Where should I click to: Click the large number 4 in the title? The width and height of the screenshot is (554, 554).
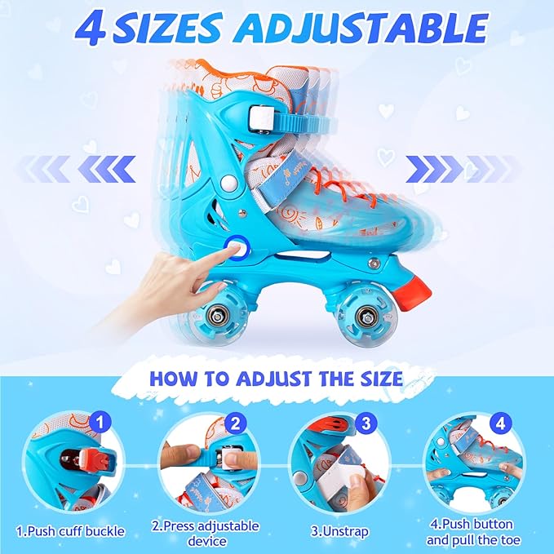point(95,30)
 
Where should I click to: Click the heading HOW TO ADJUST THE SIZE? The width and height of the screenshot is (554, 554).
point(276,379)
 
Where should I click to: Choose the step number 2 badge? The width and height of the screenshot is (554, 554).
point(233,424)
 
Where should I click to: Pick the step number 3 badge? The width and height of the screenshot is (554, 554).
point(365,424)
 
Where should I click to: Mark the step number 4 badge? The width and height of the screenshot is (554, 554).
point(500,424)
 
